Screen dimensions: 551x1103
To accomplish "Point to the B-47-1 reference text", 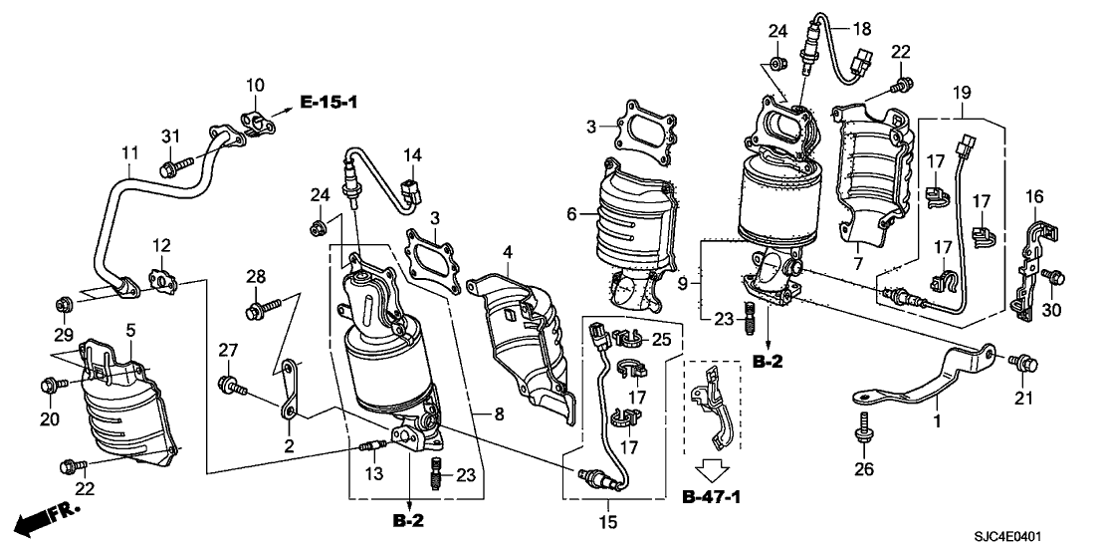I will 715,496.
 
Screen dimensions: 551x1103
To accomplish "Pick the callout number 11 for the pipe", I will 130,155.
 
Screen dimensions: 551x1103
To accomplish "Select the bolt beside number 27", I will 230,382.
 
